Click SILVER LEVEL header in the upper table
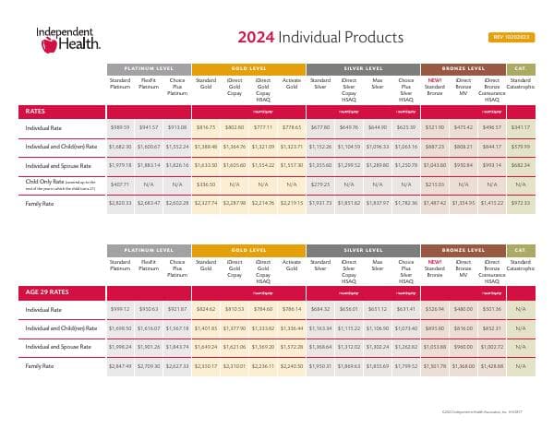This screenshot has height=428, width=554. tap(362, 69)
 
